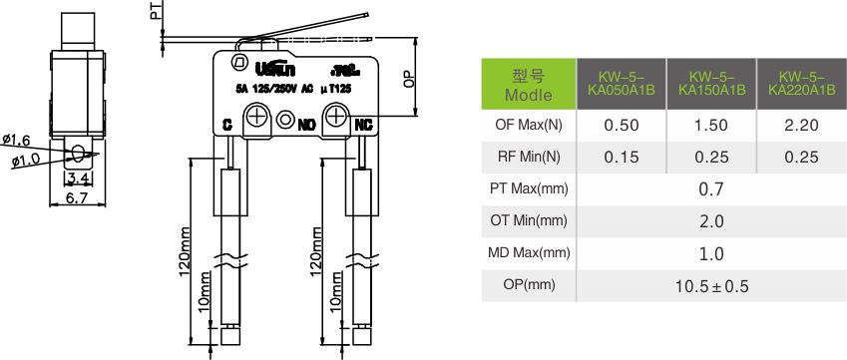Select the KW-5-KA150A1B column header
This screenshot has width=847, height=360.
pos(711,84)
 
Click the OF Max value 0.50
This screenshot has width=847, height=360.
pos(622,126)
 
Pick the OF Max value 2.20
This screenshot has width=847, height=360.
pos(801,126)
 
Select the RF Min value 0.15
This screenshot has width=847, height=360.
pos(622,158)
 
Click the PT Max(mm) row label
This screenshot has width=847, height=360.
pos(529,189)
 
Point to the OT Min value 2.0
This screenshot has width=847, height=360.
pos(711,221)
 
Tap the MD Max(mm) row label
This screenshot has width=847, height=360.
pos(529,253)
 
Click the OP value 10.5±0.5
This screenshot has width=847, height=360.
pos(711,286)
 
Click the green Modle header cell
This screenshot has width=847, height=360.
pos(529,85)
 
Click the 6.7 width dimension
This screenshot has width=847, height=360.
pos(78,199)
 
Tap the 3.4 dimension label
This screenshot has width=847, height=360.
pos(78,180)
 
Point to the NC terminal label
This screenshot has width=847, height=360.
pos(363,125)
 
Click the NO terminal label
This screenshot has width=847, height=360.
pos(306,125)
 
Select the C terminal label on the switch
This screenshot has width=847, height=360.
pos(227,125)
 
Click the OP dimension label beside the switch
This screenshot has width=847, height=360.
pos(409,80)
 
